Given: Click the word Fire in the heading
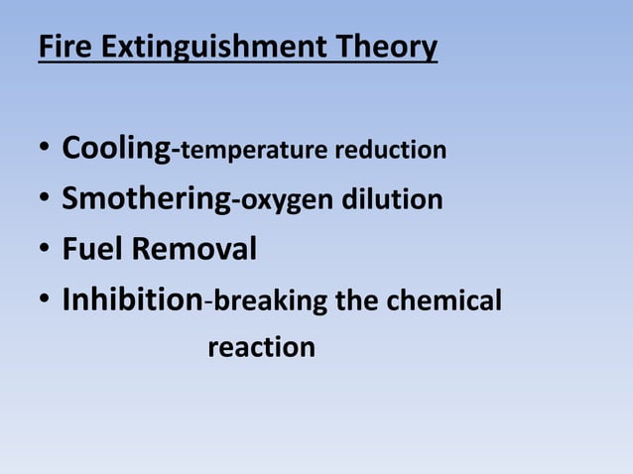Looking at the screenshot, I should (61, 47).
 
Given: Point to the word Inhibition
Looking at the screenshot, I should (132, 298).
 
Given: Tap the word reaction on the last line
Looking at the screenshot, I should (262, 348).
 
